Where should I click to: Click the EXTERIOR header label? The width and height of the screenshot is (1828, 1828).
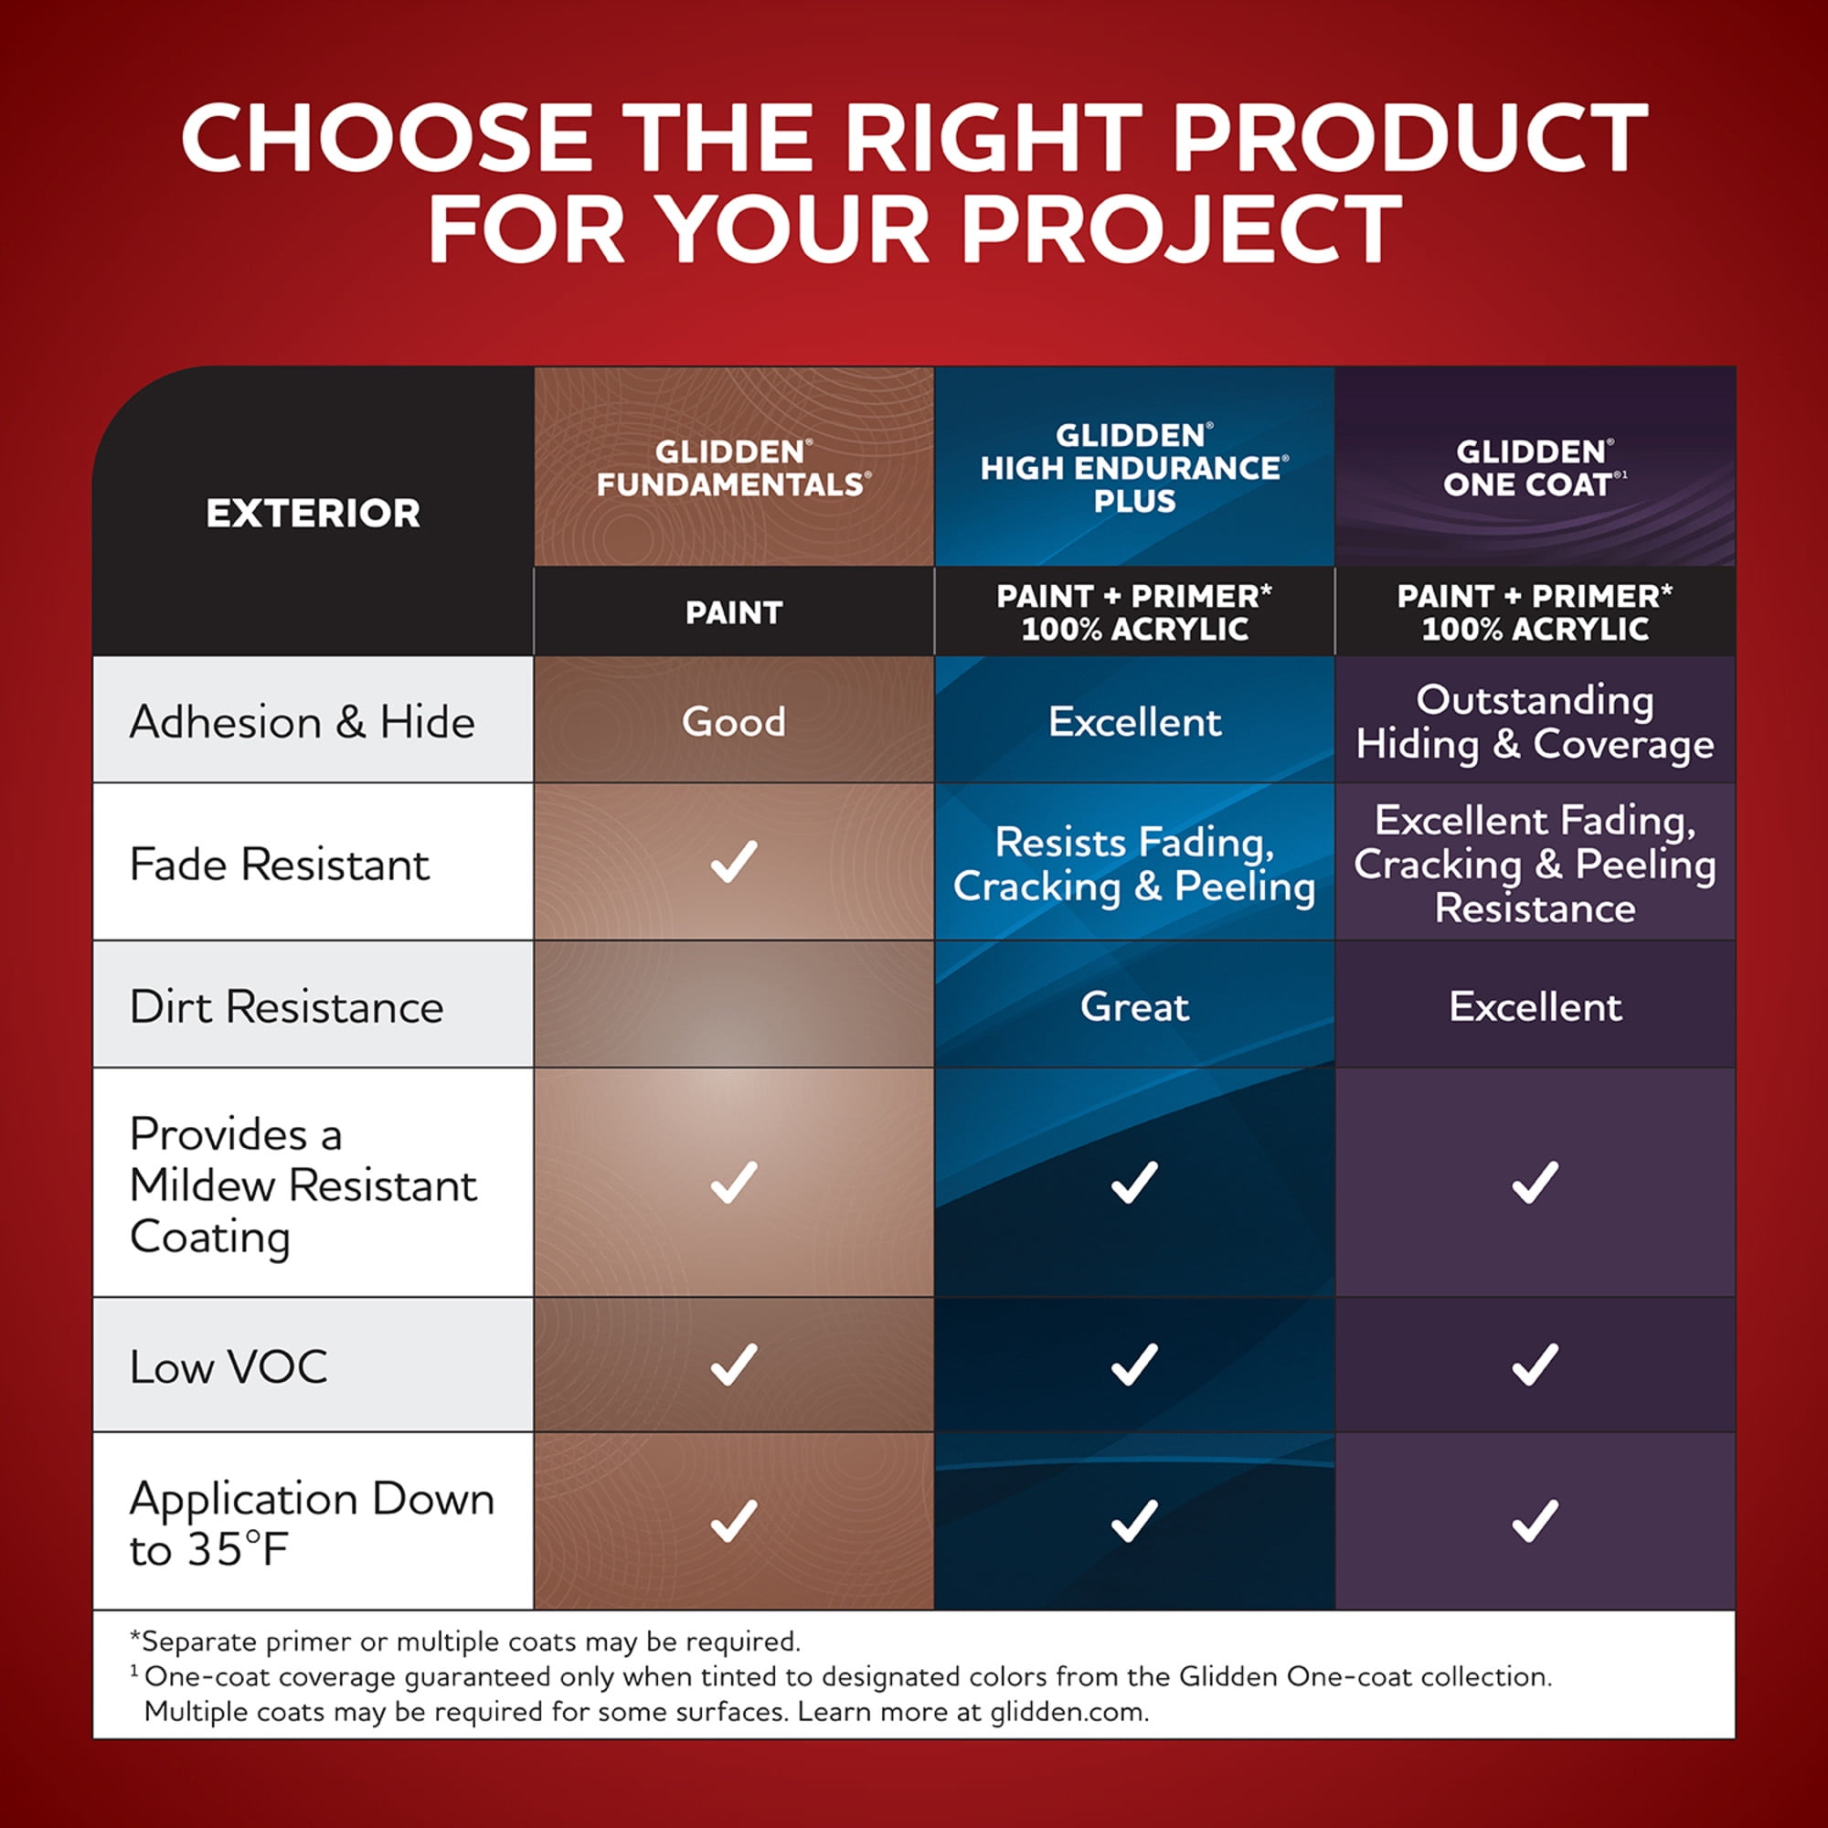click(x=314, y=514)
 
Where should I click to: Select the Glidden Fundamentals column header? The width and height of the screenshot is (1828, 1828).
click(x=733, y=468)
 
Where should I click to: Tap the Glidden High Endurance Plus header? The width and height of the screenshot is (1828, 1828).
click(x=1134, y=468)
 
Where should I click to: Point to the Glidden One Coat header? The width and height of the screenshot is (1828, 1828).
click(x=1535, y=468)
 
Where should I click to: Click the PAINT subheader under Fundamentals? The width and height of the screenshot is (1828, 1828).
click(x=733, y=613)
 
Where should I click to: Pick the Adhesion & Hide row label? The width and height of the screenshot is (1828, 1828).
click(x=302, y=723)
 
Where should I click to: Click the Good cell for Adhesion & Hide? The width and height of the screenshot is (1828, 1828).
click(x=733, y=722)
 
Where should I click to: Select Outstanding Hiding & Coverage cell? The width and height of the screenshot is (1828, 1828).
click(x=1535, y=722)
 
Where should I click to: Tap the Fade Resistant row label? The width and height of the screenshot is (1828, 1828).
click(x=280, y=865)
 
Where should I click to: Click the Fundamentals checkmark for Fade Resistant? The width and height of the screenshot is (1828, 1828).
click(x=733, y=861)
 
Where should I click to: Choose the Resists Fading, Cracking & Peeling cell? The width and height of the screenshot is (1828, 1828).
click(x=1134, y=865)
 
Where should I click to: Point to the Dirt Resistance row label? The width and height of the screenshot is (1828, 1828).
click(x=287, y=1006)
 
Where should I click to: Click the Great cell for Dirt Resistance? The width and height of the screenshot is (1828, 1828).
click(x=1134, y=1006)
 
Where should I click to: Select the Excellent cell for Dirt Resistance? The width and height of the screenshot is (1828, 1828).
click(x=1535, y=1006)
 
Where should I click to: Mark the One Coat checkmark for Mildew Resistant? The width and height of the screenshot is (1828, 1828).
click(x=1535, y=1182)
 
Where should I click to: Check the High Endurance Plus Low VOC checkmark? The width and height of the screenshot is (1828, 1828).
click(x=1134, y=1365)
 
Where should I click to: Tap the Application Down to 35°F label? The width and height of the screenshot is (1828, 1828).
click(x=313, y=1525)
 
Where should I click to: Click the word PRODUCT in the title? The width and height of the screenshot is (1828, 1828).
click(x=1410, y=138)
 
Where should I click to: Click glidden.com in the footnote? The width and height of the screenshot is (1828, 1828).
click(x=1069, y=1712)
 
